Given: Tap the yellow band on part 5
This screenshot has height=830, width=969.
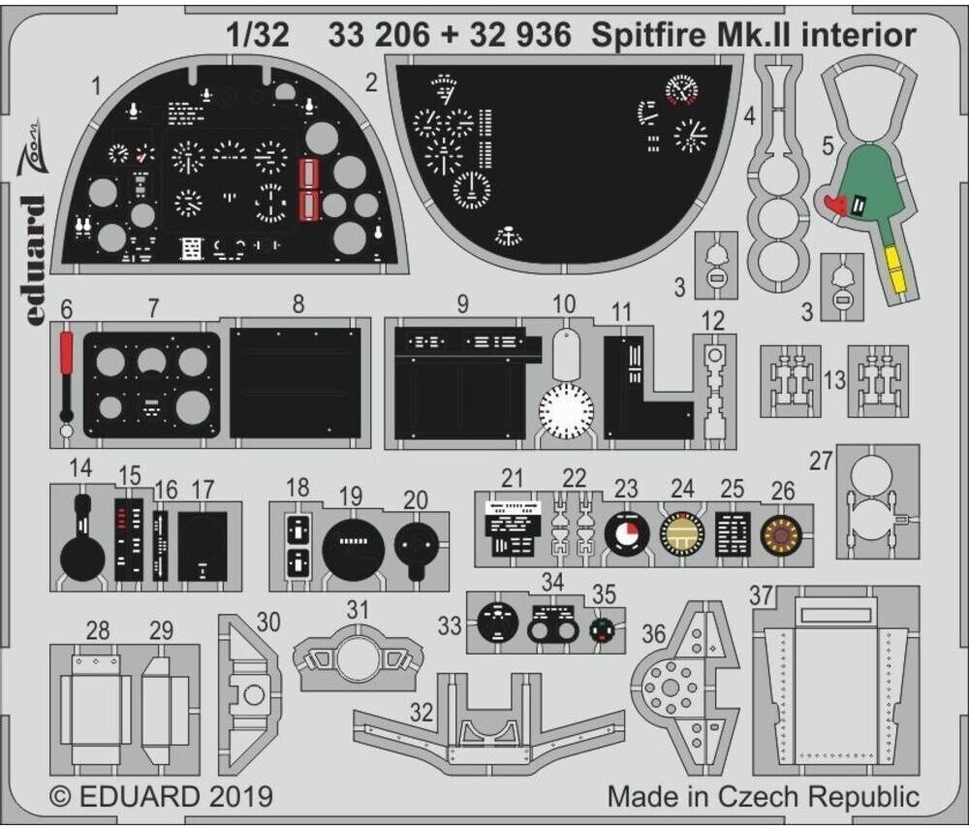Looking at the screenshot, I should [896, 269].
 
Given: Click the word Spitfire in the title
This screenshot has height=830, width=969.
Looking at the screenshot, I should [644, 36].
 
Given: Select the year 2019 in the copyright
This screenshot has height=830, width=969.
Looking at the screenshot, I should [238, 797].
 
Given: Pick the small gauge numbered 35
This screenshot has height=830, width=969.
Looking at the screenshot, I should [604, 630].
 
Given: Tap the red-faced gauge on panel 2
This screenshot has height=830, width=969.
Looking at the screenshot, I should [683, 92].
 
